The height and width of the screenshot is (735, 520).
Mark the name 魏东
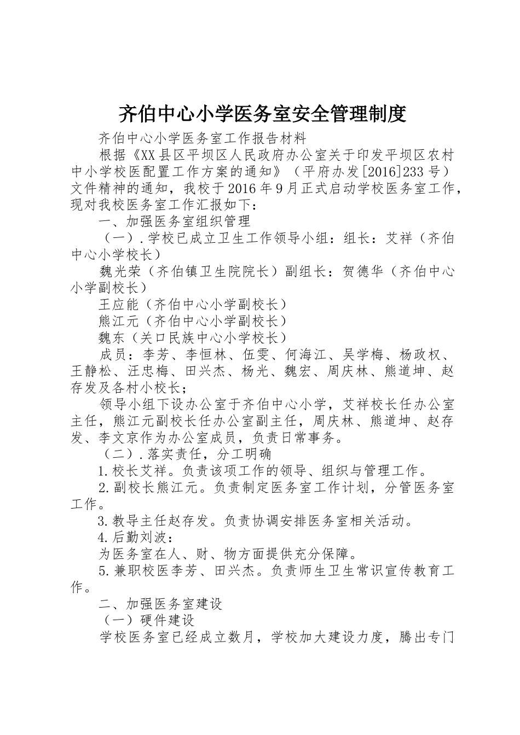click(x=112, y=337)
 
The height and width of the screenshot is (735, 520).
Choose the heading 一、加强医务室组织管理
click(x=175, y=221)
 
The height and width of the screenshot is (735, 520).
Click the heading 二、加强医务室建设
click(x=160, y=604)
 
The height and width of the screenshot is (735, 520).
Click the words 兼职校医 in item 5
click(x=141, y=570)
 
